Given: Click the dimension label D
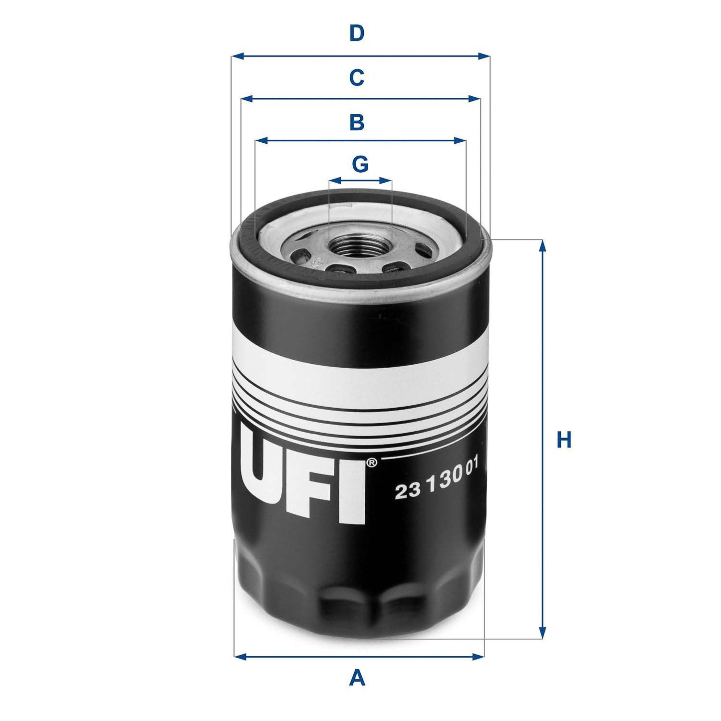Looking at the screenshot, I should click(x=356, y=33).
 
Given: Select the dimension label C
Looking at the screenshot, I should click(x=356, y=78).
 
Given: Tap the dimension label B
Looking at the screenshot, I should click(x=356, y=122).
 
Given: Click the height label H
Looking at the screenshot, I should click(x=564, y=441).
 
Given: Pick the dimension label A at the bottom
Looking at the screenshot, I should click(x=357, y=678).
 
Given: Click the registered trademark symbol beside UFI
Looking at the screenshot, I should click(x=372, y=464).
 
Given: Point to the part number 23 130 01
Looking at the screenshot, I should click(x=437, y=484).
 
